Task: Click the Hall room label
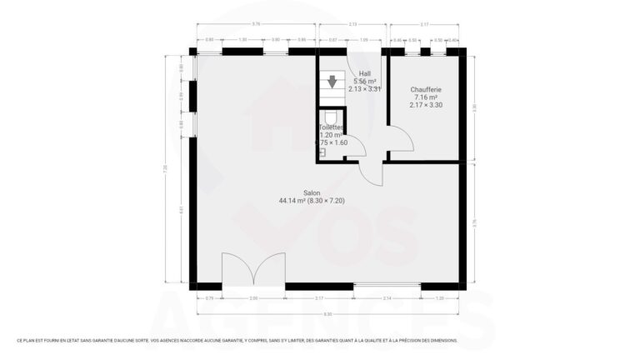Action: click(x=364, y=73)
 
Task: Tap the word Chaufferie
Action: click(x=425, y=89)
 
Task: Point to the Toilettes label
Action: click(x=330, y=127)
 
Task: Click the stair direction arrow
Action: click(x=332, y=81)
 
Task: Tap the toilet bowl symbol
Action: click(x=331, y=117)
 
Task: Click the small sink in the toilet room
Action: click(x=322, y=152)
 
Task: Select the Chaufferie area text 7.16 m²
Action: click(x=425, y=97)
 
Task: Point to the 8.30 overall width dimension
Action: click(x=327, y=313)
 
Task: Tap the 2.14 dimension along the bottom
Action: click(x=387, y=297)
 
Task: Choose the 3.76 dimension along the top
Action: click(x=256, y=24)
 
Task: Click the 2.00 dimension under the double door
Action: click(x=254, y=297)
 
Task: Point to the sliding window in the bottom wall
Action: click(x=387, y=286)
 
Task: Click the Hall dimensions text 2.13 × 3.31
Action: click(x=364, y=88)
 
